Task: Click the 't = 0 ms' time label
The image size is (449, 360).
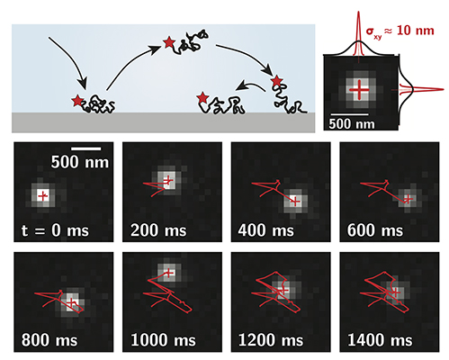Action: (55, 230)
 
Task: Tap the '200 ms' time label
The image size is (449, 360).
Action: (158, 230)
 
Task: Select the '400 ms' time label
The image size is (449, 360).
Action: (266, 230)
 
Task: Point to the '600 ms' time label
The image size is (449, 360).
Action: (375, 230)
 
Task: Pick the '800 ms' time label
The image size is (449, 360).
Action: (49, 340)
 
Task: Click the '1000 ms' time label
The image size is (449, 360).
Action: (163, 340)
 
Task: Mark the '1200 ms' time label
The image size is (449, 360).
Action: (271, 340)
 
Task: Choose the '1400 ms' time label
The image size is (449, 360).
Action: (380, 340)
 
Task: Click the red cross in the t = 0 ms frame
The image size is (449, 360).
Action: (43, 196)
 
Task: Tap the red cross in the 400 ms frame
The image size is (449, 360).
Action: (295, 202)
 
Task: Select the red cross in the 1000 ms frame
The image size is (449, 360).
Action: (169, 273)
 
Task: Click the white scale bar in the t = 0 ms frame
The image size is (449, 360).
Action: (86, 148)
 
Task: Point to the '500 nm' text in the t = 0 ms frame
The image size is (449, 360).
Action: (80, 162)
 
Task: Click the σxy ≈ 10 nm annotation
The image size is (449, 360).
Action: (400, 31)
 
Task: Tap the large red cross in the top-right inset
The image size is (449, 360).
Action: (359, 90)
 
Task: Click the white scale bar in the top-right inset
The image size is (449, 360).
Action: (349, 114)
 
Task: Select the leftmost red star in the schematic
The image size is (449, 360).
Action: (77, 101)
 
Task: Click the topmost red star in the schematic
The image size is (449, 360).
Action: (169, 42)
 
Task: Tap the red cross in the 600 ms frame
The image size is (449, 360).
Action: (408, 199)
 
